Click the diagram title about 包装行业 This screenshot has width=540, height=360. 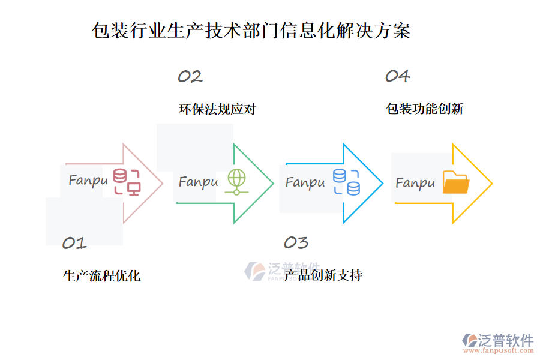[251, 31]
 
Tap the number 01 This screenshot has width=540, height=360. [74, 243]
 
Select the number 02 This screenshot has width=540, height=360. [190, 77]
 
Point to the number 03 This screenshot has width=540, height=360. [296, 242]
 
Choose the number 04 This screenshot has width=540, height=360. [397, 76]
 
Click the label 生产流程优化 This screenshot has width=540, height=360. [101, 276]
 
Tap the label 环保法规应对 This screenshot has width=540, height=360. [217, 109]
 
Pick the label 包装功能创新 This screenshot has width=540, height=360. [424, 109]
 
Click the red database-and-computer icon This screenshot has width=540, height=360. [127, 182]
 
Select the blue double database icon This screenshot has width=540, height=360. [346, 182]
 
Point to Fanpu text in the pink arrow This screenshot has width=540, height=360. [88, 181]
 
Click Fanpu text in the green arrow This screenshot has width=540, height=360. [198, 181]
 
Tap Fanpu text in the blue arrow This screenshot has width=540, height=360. [305, 182]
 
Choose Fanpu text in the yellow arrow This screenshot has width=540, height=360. [415, 182]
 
